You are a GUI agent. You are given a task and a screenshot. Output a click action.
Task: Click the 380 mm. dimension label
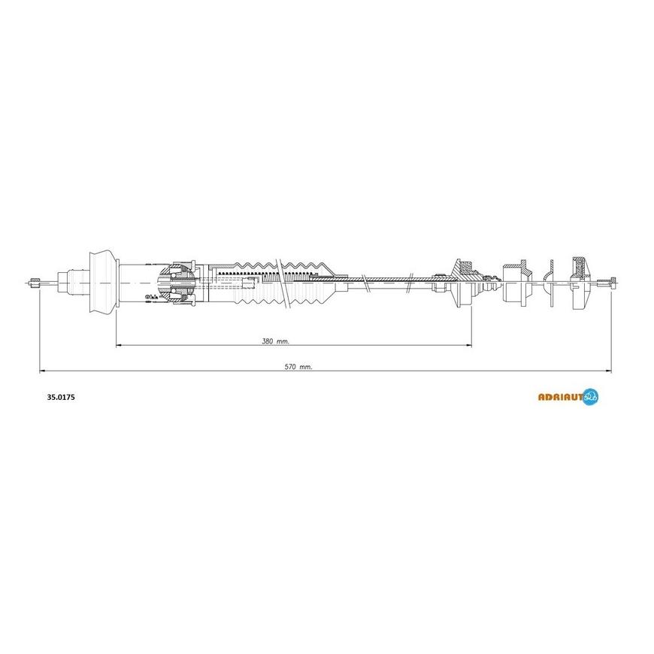pos(275,341)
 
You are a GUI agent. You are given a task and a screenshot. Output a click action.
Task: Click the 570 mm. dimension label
pos(298,367)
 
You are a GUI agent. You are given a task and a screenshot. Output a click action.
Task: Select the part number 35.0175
pos(61,398)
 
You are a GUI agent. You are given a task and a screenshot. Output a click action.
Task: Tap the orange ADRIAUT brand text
pos(560,398)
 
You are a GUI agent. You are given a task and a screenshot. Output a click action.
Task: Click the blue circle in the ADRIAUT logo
pos(591,397)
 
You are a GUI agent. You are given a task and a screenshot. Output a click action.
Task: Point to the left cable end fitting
pos(34,283)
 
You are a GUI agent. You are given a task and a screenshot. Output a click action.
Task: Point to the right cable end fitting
pos(607,283)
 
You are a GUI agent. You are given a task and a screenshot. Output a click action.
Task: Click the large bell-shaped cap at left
pos(102,282)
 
